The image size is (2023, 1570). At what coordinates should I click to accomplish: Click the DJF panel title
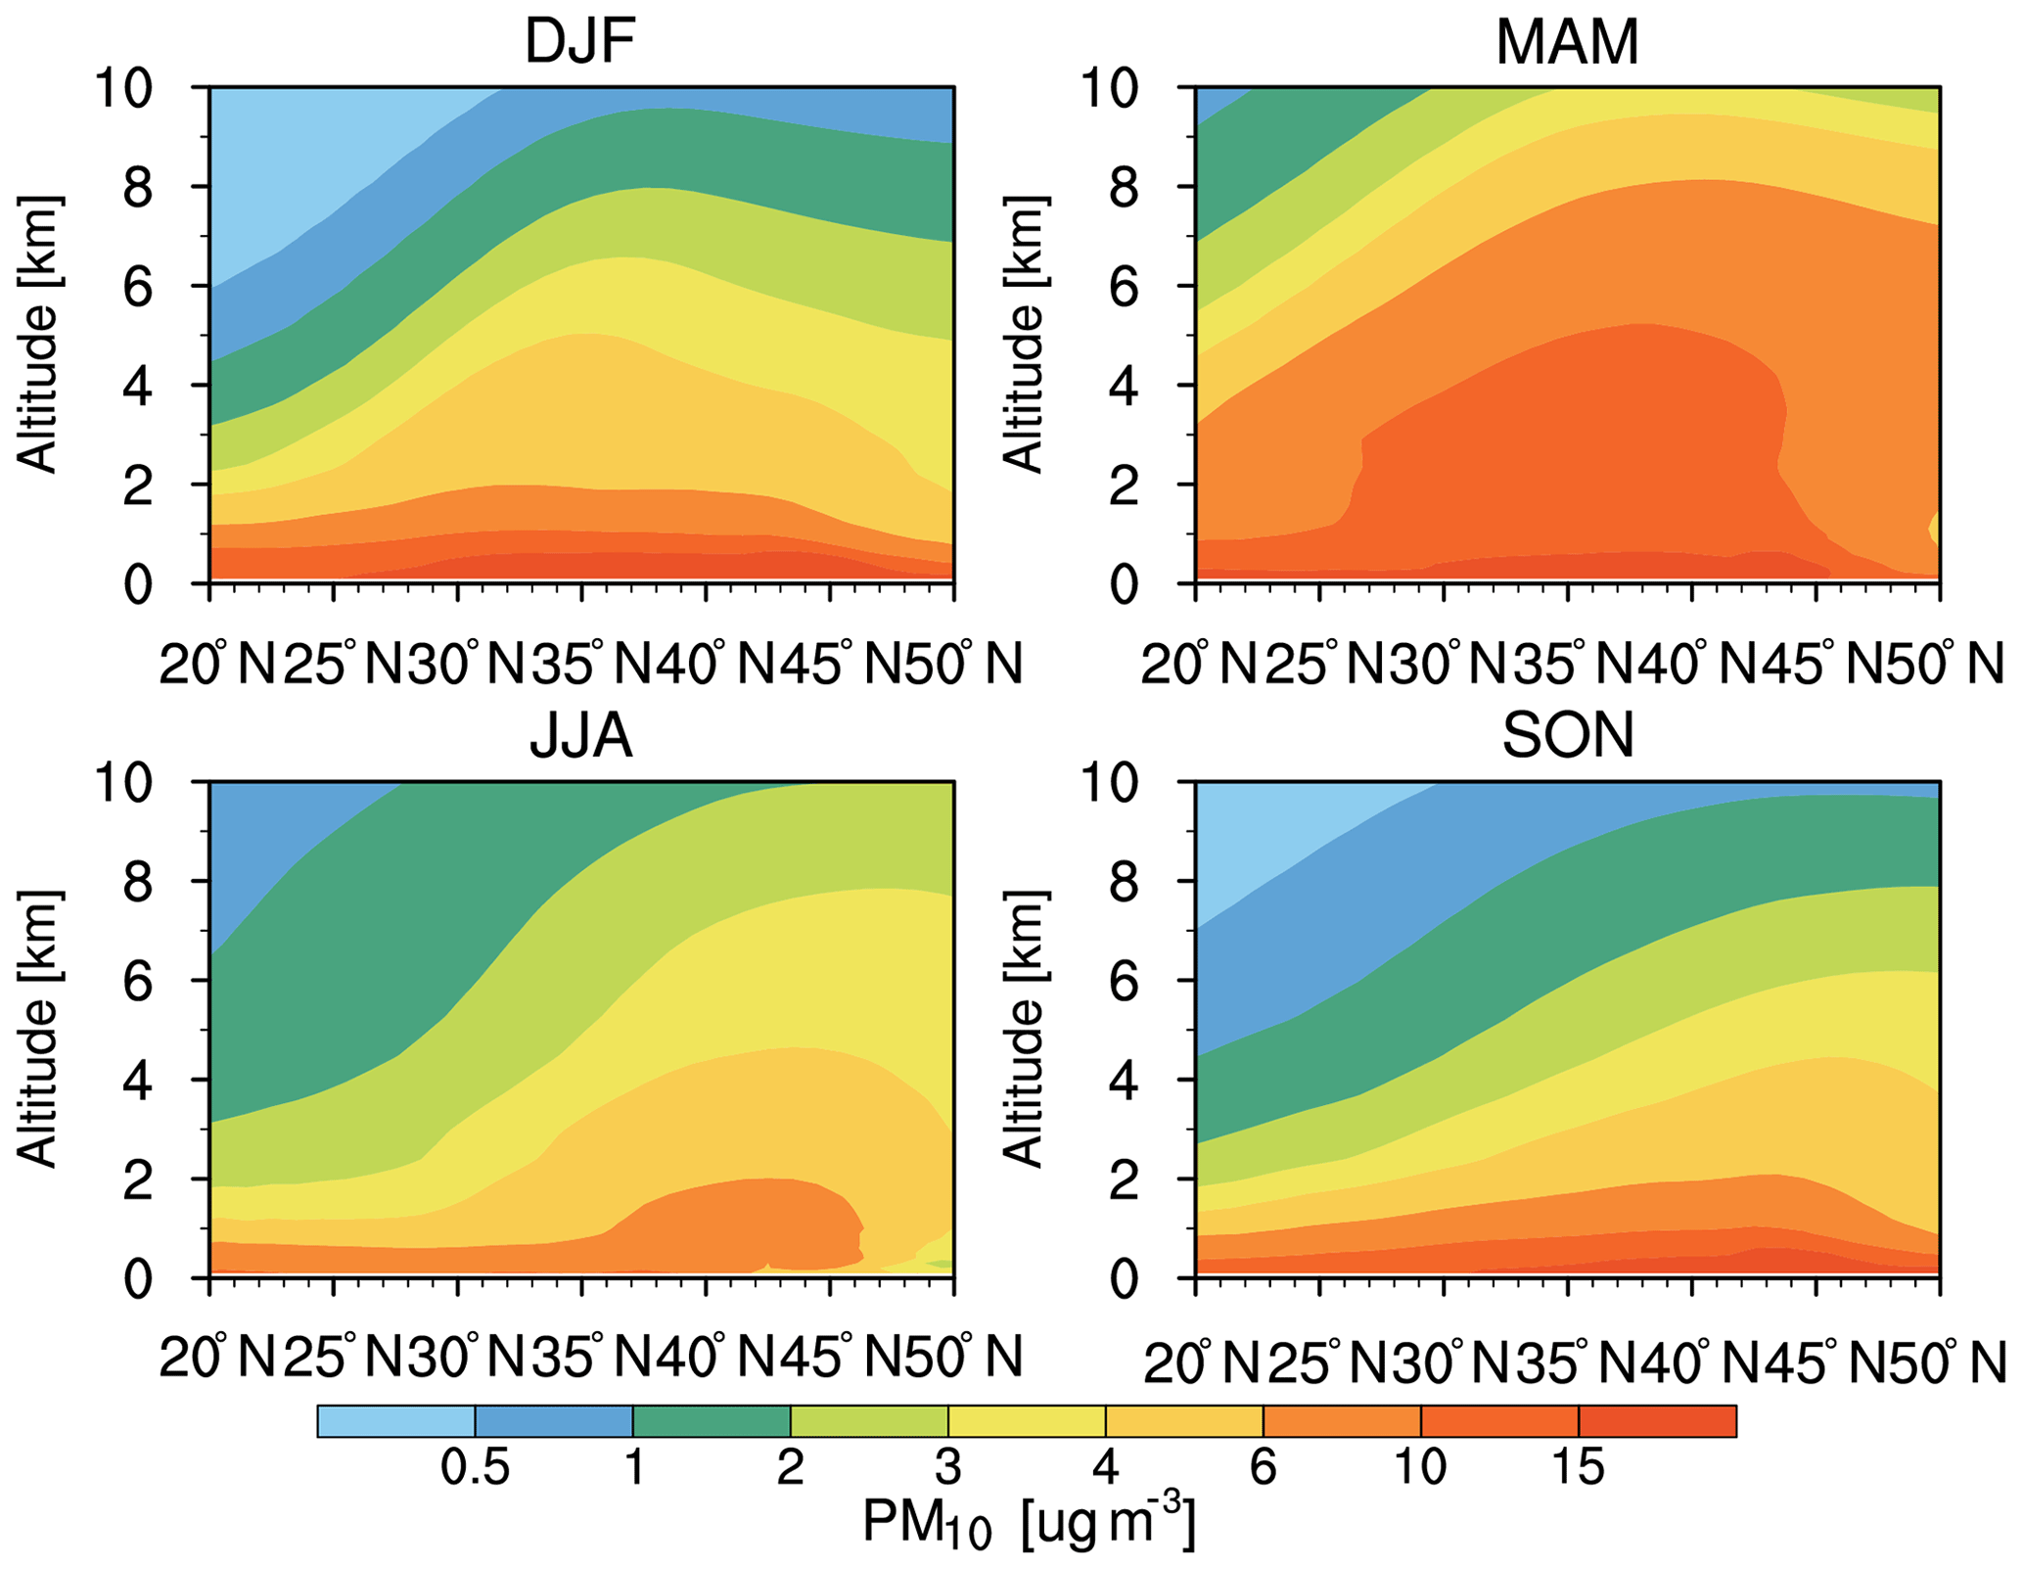tap(581, 43)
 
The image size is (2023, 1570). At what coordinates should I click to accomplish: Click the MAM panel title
tap(1567, 43)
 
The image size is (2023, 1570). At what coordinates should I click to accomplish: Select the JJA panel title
tap(581, 737)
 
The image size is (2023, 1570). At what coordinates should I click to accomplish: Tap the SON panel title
tap(1567, 737)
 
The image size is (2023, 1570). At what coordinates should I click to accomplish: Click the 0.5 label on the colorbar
tap(475, 1468)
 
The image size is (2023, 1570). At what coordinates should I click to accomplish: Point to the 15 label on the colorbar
tap(1578, 1468)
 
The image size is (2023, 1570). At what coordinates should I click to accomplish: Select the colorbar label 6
tap(1263, 1468)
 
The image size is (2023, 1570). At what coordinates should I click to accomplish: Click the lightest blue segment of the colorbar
tap(395, 1420)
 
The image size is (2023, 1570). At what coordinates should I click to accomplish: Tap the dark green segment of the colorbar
tap(712, 1420)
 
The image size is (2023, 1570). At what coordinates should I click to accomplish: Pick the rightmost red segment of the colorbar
tap(1657, 1420)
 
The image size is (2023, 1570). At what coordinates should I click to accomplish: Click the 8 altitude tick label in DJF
tap(137, 186)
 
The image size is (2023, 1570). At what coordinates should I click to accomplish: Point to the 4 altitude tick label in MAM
tap(1124, 386)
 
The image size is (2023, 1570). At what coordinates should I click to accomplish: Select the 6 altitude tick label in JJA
tap(137, 980)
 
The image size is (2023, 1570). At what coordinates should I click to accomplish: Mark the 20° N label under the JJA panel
tap(217, 1357)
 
